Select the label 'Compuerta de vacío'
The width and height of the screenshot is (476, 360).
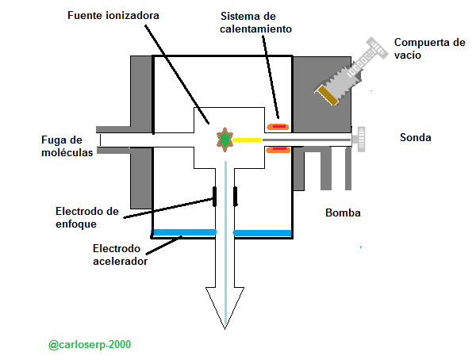point(429,49)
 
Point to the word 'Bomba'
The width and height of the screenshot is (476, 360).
point(343,213)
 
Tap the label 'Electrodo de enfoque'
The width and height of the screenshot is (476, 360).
point(87,217)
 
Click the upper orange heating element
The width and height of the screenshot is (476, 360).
point(278,126)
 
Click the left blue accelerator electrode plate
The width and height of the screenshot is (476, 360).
point(184,232)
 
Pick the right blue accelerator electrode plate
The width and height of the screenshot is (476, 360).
point(263,232)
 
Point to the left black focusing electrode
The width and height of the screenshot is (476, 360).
point(214,194)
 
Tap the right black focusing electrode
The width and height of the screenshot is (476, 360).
point(236,194)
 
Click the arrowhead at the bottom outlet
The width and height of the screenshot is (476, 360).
point(225,305)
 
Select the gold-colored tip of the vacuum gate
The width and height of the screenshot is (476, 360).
point(328,94)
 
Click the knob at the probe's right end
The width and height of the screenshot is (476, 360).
point(359,140)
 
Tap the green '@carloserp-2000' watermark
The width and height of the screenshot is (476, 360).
point(90,345)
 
